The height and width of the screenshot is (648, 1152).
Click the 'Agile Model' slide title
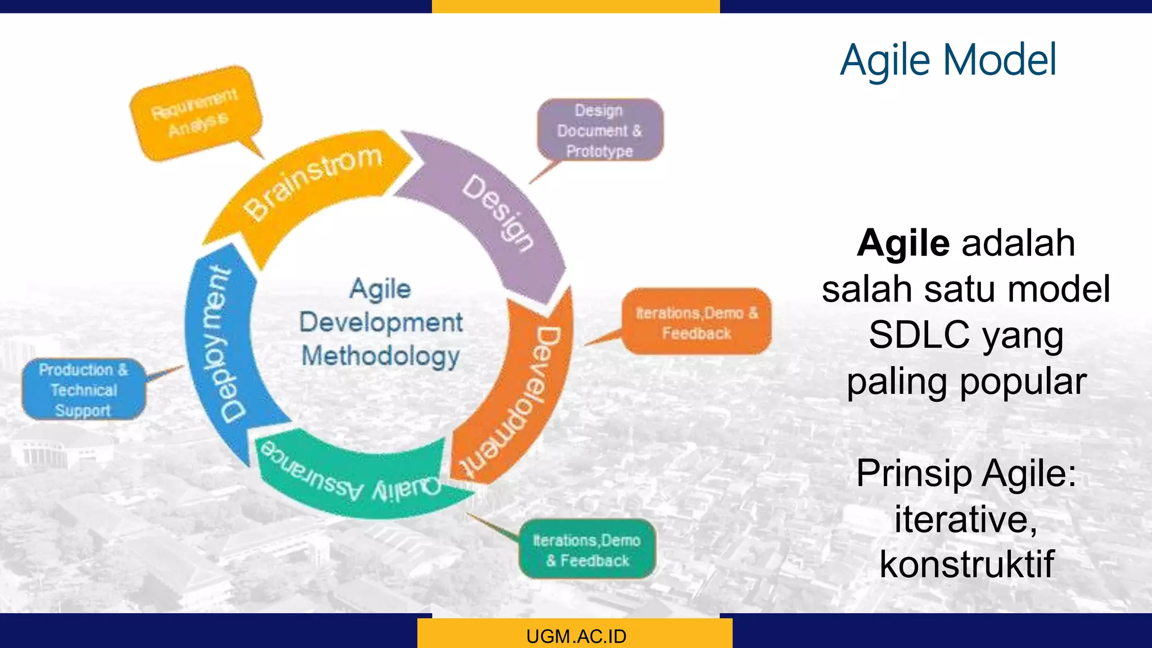[948, 60]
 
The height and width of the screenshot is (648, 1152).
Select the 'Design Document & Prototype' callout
[600, 130]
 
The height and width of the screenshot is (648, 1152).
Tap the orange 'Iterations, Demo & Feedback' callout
[696, 322]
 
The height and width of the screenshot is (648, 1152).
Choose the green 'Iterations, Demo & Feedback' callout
[587, 550]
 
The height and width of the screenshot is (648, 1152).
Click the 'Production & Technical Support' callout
[83, 390]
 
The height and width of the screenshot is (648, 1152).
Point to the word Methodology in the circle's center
[381, 357]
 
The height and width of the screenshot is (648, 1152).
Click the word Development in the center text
[381, 323]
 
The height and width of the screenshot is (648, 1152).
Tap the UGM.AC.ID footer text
[576, 636]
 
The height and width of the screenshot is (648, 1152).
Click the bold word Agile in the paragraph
[903, 243]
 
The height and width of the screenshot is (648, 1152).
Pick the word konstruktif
[966, 564]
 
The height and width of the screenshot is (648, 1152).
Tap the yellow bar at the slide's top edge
[575, 6]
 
